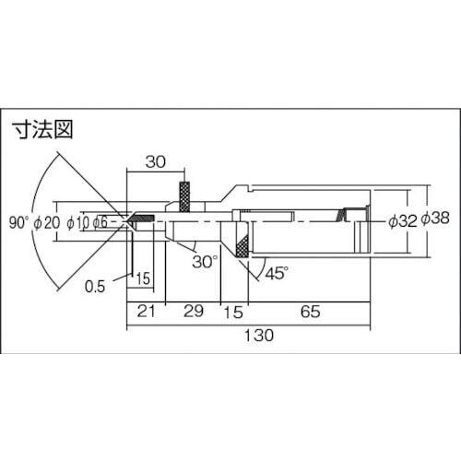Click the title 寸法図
(x=43, y=130)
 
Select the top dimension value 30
(x=156, y=161)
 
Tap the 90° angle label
(x=18, y=222)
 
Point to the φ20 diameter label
(x=47, y=222)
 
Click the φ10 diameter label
(x=78, y=223)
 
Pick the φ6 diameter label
(x=100, y=222)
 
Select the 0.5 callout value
(x=95, y=287)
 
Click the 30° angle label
(x=205, y=262)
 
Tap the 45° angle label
(x=277, y=273)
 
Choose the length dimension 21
(x=146, y=311)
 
